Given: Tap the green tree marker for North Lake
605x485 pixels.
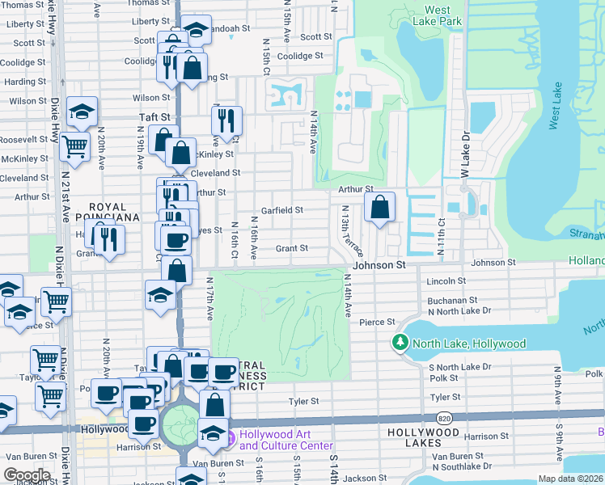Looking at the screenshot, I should (x=400, y=344).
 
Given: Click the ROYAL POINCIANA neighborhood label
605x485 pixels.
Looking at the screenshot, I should (x=108, y=212).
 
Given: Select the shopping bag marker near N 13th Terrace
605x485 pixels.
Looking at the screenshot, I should (x=379, y=208).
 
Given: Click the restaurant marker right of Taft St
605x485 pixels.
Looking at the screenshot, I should (x=226, y=120).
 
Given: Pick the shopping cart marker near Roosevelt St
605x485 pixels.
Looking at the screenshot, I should (x=74, y=147).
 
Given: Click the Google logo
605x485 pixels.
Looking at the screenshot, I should (x=27, y=475).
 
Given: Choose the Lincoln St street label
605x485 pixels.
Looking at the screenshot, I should (x=445, y=281).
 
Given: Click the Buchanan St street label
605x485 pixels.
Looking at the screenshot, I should (x=448, y=300).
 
